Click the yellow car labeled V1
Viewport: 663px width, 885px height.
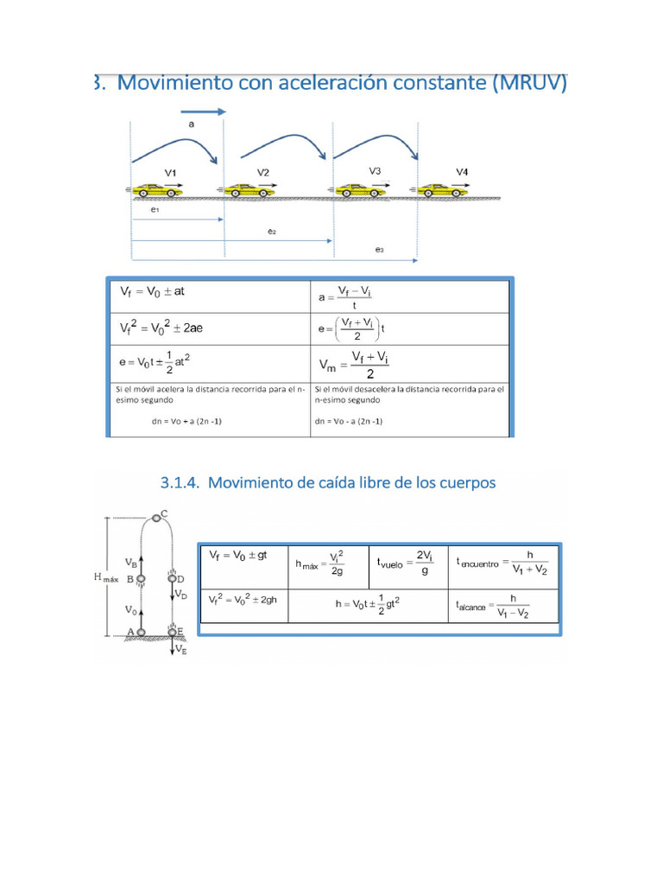click(x=156, y=188)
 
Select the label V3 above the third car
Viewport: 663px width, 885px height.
click(x=375, y=171)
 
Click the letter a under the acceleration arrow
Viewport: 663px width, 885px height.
click(x=192, y=124)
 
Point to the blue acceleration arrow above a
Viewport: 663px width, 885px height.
click(x=203, y=111)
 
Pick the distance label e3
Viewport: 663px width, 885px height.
click(x=379, y=250)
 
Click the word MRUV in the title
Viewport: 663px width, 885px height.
click(x=527, y=83)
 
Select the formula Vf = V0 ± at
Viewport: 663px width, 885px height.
click(x=153, y=292)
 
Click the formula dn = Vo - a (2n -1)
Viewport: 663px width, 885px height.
click(x=349, y=421)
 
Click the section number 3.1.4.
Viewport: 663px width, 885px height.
click(x=180, y=483)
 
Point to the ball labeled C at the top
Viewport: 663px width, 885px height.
click(x=155, y=517)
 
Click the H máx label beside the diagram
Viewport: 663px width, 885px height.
click(x=105, y=578)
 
